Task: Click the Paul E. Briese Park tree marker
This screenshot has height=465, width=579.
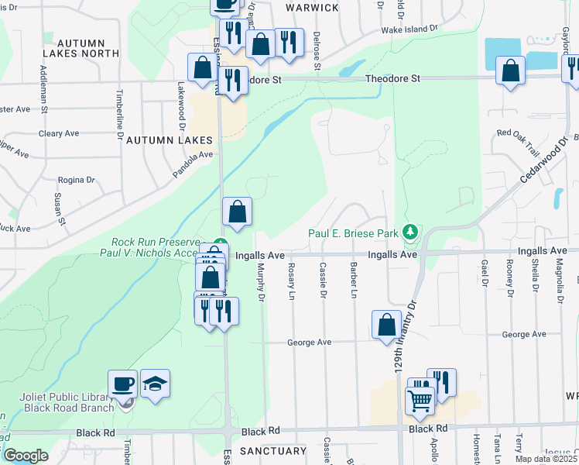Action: coord(410,232)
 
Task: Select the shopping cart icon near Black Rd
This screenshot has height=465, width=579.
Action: coord(420,401)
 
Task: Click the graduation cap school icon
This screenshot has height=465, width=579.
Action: coord(156,383)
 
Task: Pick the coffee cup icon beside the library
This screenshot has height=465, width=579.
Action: coord(123,383)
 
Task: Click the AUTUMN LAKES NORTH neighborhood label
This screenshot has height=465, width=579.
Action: coord(81,48)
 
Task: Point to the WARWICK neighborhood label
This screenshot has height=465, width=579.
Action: coord(312,7)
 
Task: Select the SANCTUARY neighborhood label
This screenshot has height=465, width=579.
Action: coord(273,451)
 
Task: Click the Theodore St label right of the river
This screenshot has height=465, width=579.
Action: coord(393,78)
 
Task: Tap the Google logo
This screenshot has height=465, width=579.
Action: coord(26,456)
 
